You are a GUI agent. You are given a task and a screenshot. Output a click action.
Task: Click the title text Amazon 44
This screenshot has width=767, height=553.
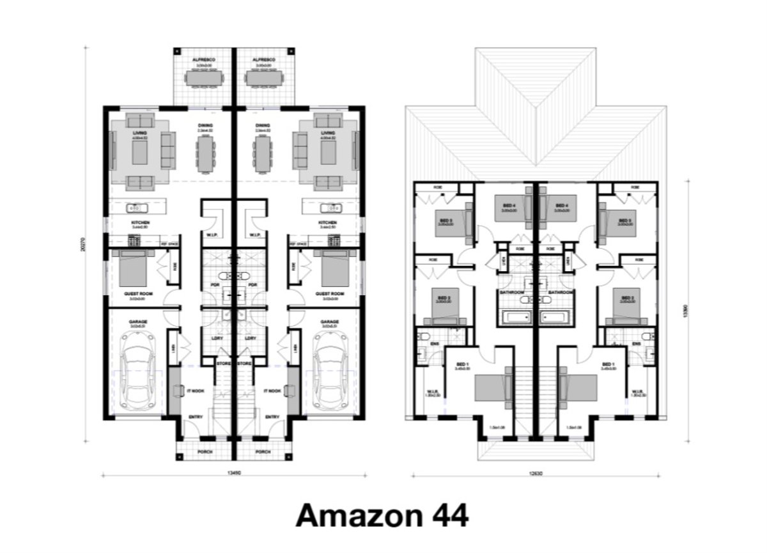point(382,515)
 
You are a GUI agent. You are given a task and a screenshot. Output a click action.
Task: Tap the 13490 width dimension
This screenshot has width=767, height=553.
point(234,474)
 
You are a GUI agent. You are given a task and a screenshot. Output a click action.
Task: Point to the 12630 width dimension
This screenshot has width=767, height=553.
point(536,474)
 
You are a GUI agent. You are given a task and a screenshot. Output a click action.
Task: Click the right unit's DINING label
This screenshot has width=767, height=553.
point(262,126)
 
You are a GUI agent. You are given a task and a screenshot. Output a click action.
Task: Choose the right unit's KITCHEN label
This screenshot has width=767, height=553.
point(327,223)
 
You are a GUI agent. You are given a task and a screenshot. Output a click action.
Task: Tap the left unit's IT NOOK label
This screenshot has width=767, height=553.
point(196,391)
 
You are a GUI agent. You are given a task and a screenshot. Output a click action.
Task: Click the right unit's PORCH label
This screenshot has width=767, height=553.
point(263,451)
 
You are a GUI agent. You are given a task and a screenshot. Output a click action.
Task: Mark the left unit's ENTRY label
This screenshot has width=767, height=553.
point(196,417)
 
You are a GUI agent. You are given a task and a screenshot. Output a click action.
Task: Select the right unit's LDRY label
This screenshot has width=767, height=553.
point(251,338)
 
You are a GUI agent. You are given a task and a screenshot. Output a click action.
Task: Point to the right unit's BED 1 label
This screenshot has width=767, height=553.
point(608,364)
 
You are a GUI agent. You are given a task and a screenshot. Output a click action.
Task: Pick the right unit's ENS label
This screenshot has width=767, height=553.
point(637,345)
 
